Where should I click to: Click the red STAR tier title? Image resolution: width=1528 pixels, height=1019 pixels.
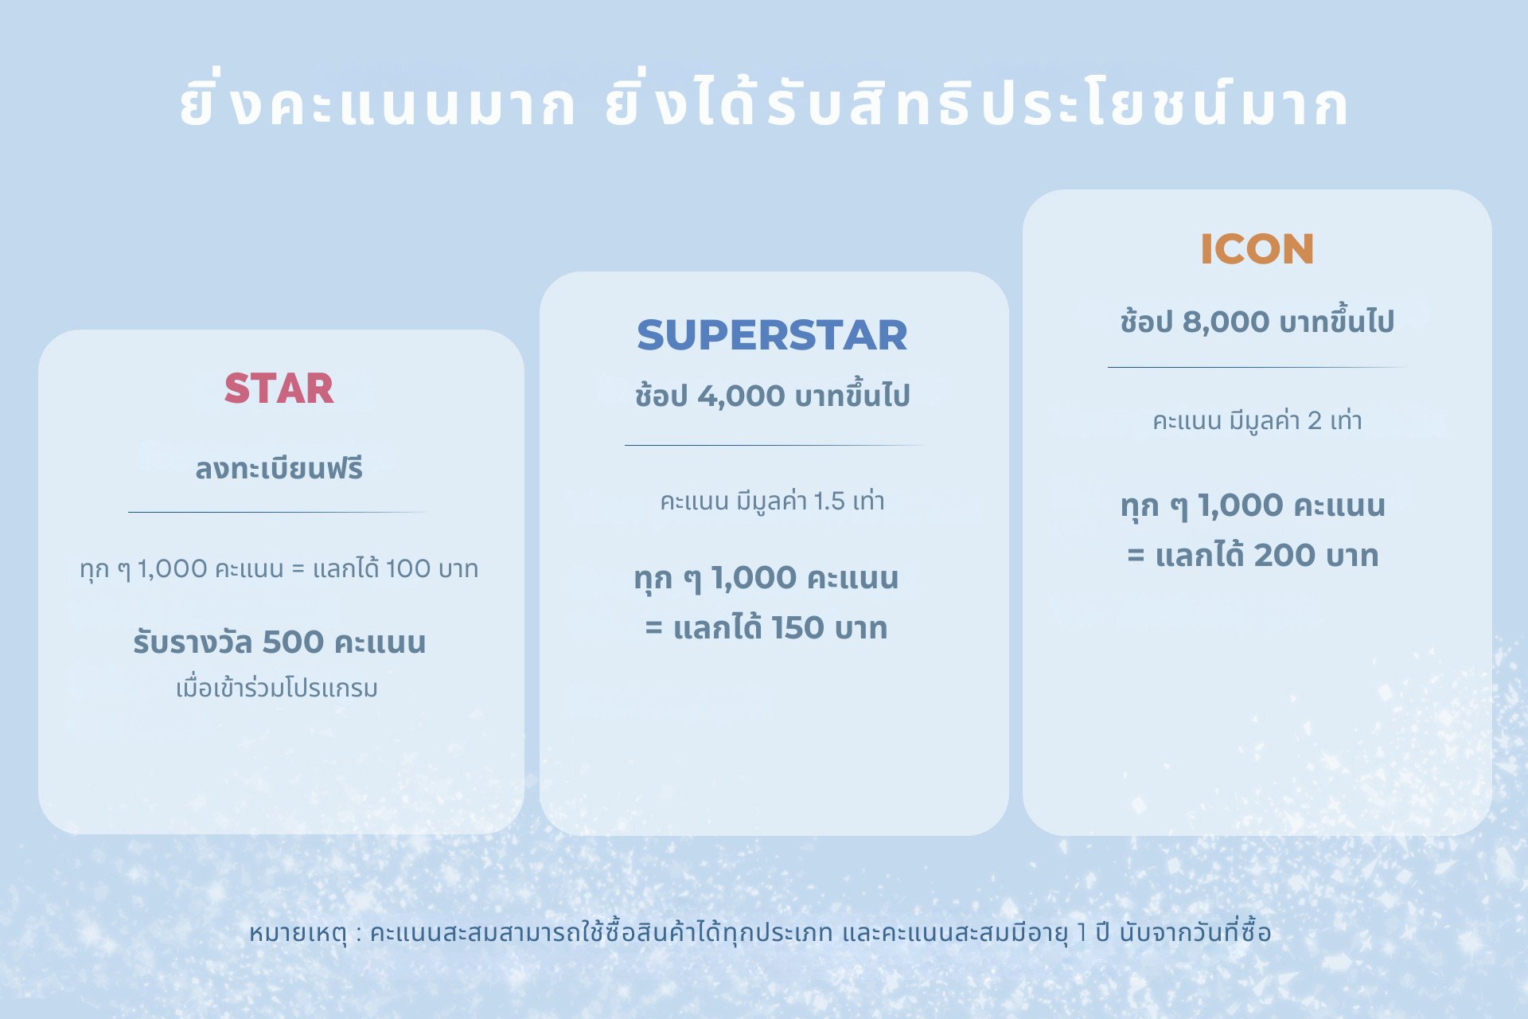[x=279, y=388]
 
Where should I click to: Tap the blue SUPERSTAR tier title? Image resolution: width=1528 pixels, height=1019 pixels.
[x=772, y=335]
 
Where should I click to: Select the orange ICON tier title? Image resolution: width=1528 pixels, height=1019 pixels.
[x=1257, y=249]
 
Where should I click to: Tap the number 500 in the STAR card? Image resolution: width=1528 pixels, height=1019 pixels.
[x=293, y=642]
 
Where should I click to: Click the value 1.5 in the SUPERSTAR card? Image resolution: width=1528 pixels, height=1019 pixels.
[x=828, y=501]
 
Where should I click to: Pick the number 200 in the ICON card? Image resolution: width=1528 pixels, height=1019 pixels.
[x=1284, y=556]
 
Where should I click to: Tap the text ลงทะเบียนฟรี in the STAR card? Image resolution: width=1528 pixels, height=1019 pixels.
[x=279, y=469]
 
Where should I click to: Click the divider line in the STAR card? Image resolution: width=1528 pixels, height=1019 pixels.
[x=279, y=512]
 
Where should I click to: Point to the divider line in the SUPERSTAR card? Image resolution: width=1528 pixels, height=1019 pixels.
[x=774, y=445]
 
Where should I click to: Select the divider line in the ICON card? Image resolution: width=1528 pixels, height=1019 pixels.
[x=1257, y=367]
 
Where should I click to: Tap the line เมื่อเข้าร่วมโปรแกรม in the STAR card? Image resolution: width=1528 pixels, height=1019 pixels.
[x=277, y=688]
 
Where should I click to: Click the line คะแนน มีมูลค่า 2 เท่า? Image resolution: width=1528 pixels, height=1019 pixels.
[x=1257, y=420]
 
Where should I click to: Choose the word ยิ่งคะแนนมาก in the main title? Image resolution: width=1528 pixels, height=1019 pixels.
[x=377, y=104]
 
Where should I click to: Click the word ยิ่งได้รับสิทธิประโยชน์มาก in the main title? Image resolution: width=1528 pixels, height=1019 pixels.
[x=976, y=104]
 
